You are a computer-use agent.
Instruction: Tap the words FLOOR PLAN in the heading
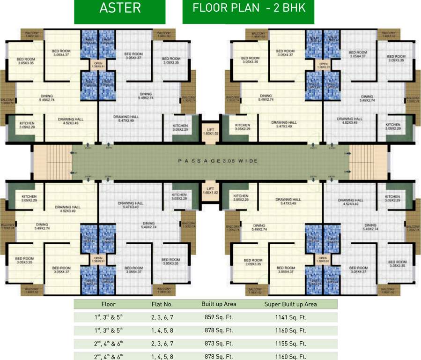pyautogui.click(x=220, y=9)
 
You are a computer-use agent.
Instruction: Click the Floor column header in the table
pyautogui.click(x=108, y=304)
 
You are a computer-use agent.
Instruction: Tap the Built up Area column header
pyautogui.click(x=219, y=304)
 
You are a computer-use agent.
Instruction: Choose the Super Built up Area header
pyautogui.click(x=290, y=304)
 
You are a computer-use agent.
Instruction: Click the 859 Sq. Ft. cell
pyautogui.click(x=219, y=317)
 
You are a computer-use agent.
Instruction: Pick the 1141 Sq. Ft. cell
pyautogui.click(x=290, y=317)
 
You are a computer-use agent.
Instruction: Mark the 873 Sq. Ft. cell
pyautogui.click(x=219, y=344)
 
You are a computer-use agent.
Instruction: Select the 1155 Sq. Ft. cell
pyautogui.click(x=290, y=344)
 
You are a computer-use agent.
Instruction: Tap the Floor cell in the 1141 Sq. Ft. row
pyautogui.click(x=108, y=317)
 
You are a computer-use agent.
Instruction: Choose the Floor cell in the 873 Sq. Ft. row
pyautogui.click(x=108, y=344)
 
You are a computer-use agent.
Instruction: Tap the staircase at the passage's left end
pyautogui.click(x=52, y=161)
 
